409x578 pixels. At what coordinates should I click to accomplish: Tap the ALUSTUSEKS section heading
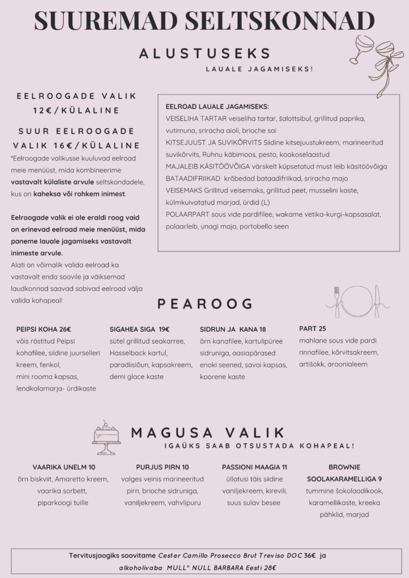coord(205,54)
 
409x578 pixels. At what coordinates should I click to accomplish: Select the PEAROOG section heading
coord(204,304)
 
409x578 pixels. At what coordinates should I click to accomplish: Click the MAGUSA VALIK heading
coord(207,433)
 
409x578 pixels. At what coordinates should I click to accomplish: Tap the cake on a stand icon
coord(106,437)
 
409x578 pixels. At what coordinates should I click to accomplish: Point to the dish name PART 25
coord(312,329)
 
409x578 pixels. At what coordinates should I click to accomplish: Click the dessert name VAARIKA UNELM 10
coord(64,467)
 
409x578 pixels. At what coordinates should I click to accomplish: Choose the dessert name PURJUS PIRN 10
coord(162,467)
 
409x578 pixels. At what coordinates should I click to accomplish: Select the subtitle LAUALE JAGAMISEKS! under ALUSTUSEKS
coord(259,69)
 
